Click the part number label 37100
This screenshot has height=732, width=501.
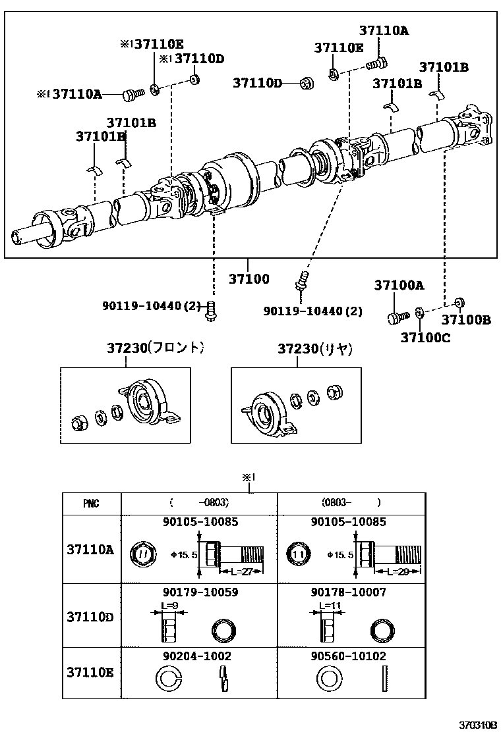(x=249, y=279)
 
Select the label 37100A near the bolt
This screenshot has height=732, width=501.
(x=399, y=285)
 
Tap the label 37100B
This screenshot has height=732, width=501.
(x=465, y=321)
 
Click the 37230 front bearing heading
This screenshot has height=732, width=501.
(x=155, y=348)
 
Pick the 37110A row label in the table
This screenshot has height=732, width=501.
(x=90, y=549)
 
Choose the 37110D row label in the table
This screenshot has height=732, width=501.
(x=90, y=617)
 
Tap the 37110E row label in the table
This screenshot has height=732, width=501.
(x=90, y=672)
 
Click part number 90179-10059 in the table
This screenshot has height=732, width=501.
(x=200, y=592)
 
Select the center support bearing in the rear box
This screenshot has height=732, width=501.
(x=267, y=413)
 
